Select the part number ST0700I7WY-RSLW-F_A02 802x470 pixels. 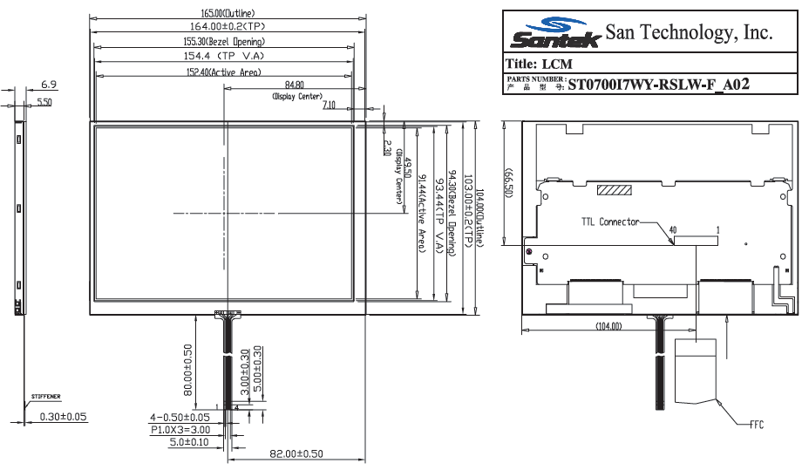tap(659, 85)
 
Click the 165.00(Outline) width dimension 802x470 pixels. tap(228, 13)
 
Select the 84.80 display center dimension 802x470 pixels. tap(295, 85)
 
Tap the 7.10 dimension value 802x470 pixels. tap(329, 105)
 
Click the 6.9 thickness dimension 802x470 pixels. tap(49, 85)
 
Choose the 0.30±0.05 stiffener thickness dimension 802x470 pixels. tap(64, 417)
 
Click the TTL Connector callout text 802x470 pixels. tap(610, 222)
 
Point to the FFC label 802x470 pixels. tap(756, 425)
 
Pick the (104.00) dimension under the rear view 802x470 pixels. tap(608, 326)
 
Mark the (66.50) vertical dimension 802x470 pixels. tap(508, 183)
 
